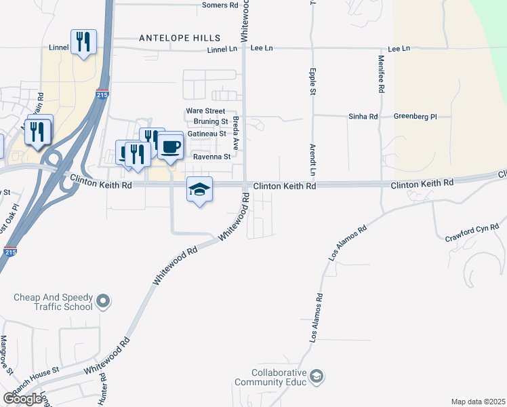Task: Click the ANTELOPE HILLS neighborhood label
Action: pos(180,38)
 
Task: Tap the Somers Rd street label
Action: pos(221,5)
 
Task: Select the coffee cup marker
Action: pos(171,146)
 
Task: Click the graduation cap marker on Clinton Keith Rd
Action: pos(199,189)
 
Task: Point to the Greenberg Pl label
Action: pos(415,117)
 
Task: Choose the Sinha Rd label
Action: pos(363,117)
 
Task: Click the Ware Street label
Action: pos(205,111)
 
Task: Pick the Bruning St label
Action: pos(211,121)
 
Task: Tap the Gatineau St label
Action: pos(207,134)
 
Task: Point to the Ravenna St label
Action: pos(212,157)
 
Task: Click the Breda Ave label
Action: pos(236,132)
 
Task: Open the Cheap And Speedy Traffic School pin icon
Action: pos(103,300)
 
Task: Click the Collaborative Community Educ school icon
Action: pos(316,376)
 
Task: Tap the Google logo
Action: pos(23,398)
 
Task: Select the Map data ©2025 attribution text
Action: pos(478,402)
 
